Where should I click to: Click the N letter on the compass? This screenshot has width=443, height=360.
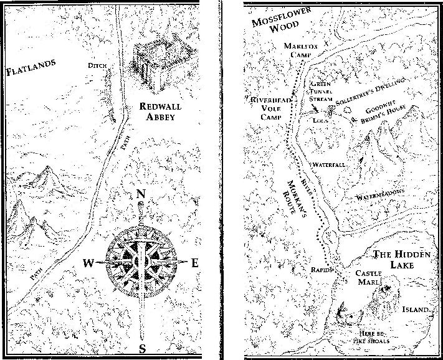pyautogui.click(x=141, y=194)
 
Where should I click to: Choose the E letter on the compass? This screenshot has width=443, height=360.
pyautogui.click(x=194, y=263)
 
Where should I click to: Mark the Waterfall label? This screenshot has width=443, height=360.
pyautogui.click(x=329, y=164)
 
